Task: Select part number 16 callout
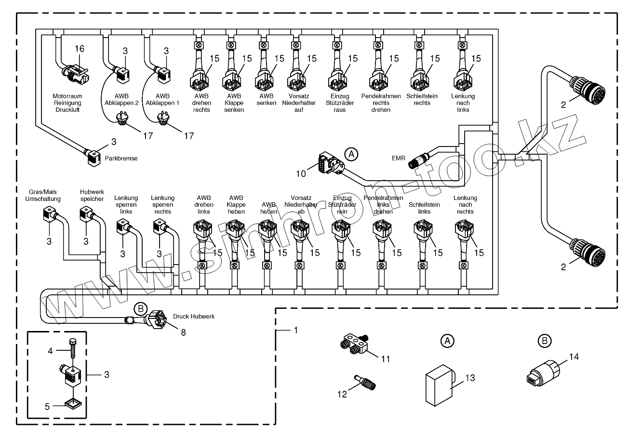(x=80, y=48)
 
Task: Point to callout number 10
(x=301, y=174)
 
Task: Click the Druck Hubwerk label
(x=193, y=317)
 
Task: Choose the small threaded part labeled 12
(x=365, y=383)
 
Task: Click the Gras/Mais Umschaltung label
(x=43, y=195)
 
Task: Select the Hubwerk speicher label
(x=92, y=195)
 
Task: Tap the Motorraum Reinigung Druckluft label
(x=67, y=103)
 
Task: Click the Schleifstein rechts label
(x=422, y=99)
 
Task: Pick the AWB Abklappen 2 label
(x=122, y=99)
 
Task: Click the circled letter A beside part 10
(x=352, y=154)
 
